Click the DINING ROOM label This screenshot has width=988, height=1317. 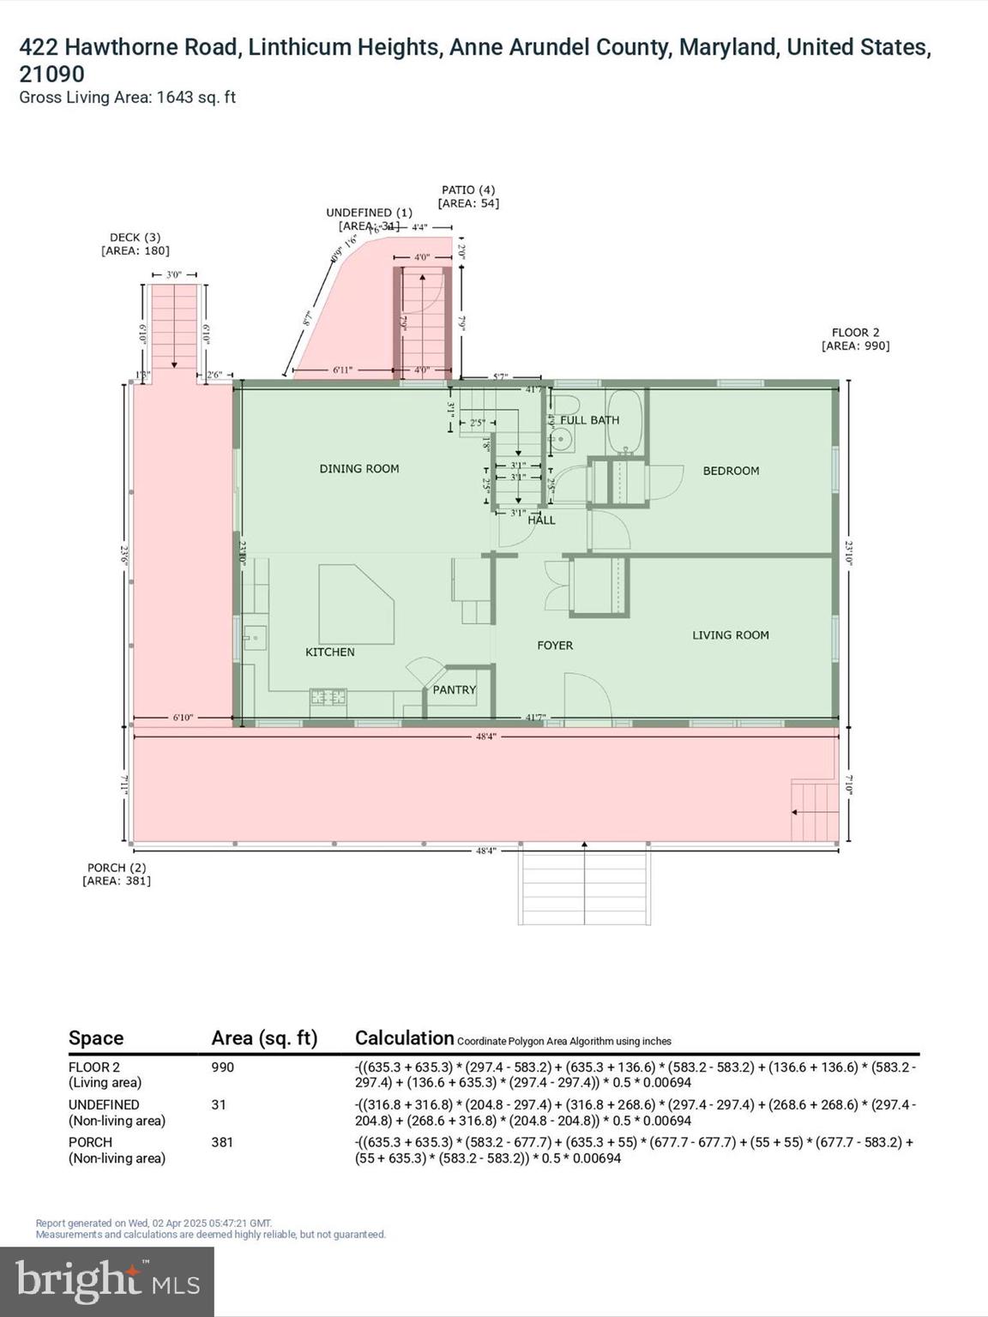click(358, 468)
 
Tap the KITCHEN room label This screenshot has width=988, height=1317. click(329, 652)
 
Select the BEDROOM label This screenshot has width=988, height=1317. click(731, 471)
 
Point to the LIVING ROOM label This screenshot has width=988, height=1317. click(730, 634)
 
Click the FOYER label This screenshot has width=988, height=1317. click(554, 645)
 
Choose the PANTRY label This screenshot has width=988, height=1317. click(454, 689)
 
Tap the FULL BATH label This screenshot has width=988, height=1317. click(589, 420)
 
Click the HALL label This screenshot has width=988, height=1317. click(541, 520)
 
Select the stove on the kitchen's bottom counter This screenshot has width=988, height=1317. click(328, 697)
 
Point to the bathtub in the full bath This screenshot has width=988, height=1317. click(625, 422)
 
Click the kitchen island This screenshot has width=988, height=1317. click(353, 604)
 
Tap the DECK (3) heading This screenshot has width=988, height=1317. click(135, 238)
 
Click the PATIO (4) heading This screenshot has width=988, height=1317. click(467, 189)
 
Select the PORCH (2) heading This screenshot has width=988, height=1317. click(117, 867)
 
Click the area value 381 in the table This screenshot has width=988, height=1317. click(222, 1142)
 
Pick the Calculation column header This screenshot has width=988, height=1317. click(404, 1037)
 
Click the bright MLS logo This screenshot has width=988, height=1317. click(107, 1282)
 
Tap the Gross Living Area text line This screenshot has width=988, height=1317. click(127, 98)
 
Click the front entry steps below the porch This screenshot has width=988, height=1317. click(583, 887)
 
